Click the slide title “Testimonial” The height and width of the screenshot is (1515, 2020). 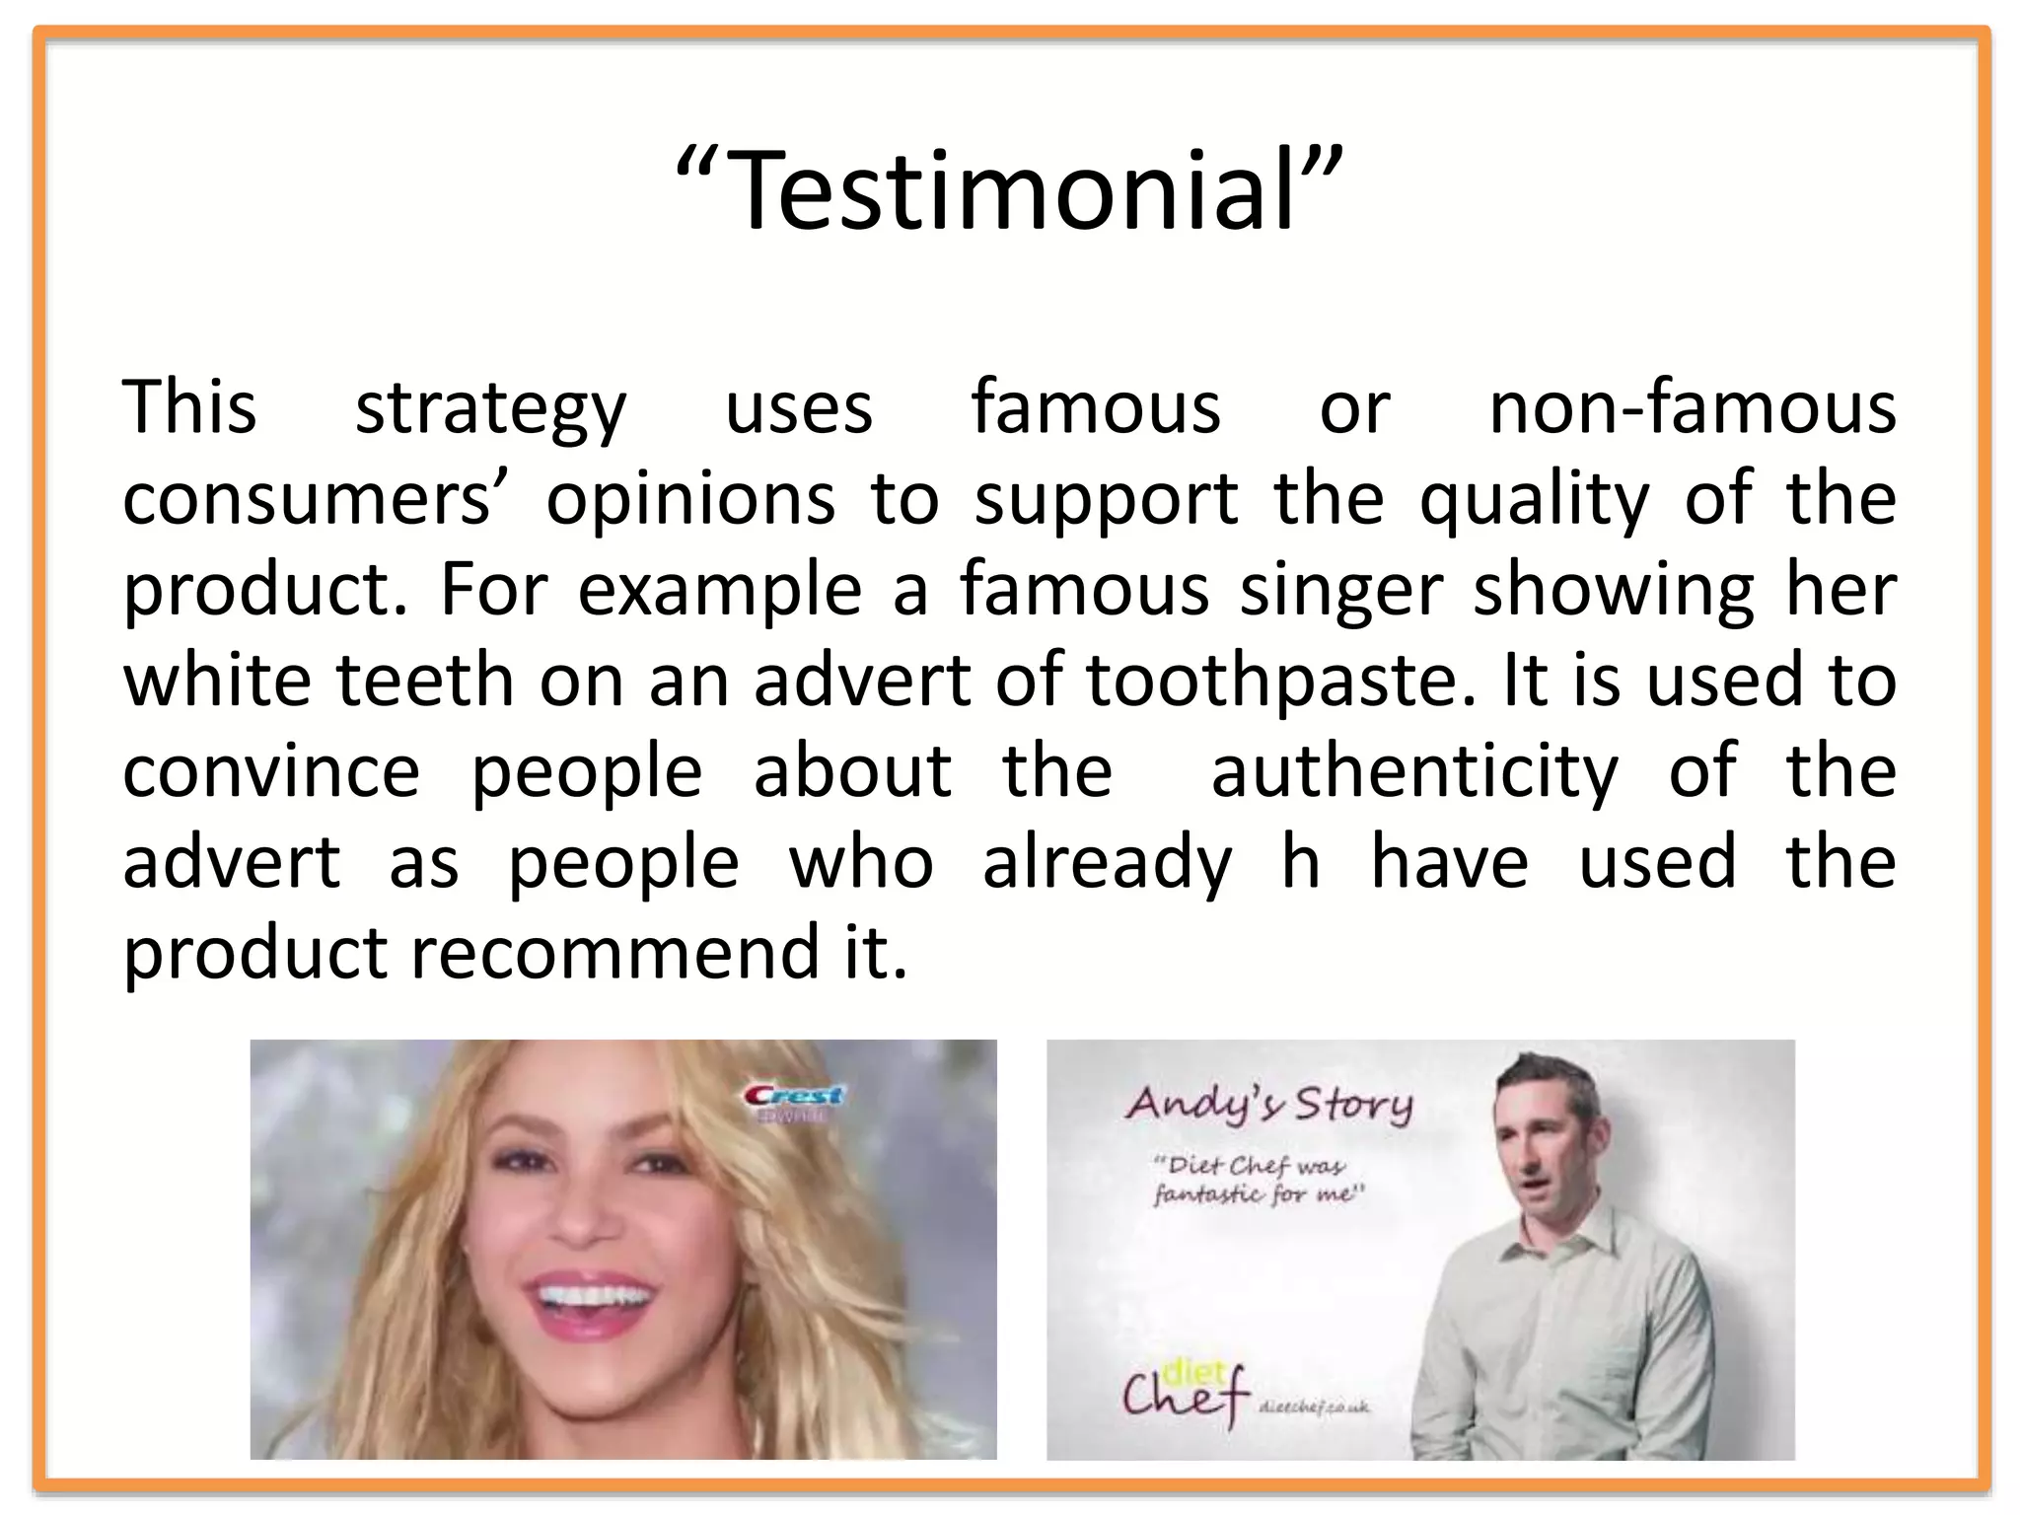click(x=1009, y=190)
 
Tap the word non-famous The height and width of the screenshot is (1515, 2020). click(x=1692, y=407)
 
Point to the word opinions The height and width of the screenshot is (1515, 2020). click(x=690, y=500)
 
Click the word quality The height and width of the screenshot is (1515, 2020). click(x=1534, y=500)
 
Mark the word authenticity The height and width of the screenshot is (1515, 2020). click(x=1414, y=772)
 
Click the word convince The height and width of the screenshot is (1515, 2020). click(x=271, y=772)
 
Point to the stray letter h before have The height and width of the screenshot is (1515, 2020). click(x=1300, y=862)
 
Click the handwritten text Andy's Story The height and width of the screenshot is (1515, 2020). click(x=1268, y=1104)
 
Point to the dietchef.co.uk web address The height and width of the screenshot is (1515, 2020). click(x=1315, y=1407)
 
